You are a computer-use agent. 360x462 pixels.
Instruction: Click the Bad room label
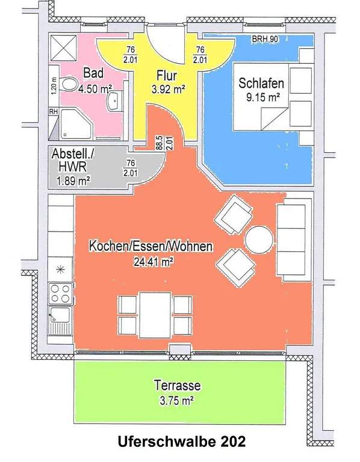pos(93,73)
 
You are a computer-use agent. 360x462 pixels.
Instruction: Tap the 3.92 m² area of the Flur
pos(169,89)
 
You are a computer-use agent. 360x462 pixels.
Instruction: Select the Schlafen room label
pos(261,83)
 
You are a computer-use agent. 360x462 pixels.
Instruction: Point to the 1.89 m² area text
pos(73,180)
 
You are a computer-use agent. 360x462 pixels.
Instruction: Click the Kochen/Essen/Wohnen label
pos(151,246)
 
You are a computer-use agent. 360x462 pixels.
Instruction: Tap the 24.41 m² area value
pos(154,261)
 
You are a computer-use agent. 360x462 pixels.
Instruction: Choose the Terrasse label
pos(177,386)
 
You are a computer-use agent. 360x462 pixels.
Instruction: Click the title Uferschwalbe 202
pos(182,442)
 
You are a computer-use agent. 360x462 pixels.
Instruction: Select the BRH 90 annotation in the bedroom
pos(265,39)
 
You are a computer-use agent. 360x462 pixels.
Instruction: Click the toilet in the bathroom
pos(69,85)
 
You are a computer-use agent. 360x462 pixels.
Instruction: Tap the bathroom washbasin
pos(115,101)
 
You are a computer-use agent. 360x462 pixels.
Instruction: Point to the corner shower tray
pos(75,124)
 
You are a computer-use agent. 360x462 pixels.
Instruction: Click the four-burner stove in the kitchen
pos(60,293)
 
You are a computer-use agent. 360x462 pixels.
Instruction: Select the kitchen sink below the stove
pos(60,320)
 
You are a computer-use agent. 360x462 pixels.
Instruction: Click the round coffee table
pos(259,239)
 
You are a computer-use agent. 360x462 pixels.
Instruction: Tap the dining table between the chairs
pos(155,315)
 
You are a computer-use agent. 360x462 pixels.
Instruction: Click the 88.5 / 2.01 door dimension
pos(165,143)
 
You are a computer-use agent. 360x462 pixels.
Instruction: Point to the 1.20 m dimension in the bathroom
pos(54,86)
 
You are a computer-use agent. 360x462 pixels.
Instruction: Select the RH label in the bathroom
pos(54,112)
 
